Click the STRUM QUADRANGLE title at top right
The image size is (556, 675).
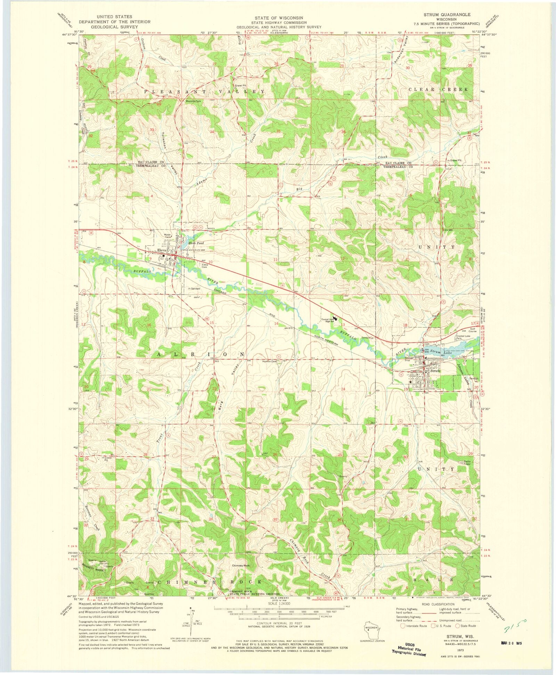447,15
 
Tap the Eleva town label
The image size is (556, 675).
162,250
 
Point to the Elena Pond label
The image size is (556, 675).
196,243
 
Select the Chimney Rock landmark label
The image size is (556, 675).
241,566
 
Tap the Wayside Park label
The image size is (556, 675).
194,102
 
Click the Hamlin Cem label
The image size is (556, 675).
269,361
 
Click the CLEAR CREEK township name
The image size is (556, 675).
438,89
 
